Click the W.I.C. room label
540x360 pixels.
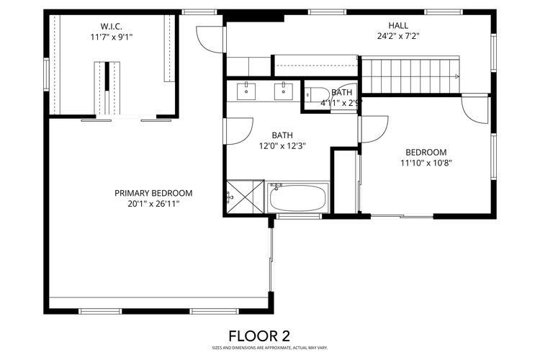pyautogui.click(x=111, y=25)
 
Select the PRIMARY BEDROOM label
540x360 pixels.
pyautogui.click(x=153, y=193)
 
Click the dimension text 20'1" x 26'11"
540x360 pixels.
pyautogui.click(x=153, y=204)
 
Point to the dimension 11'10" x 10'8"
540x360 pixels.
pyautogui.click(x=426, y=163)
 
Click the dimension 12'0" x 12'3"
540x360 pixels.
pyautogui.click(x=282, y=145)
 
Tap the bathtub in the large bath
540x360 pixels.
pyautogui.click(x=298, y=198)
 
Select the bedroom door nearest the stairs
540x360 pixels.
pyautogui.click(x=475, y=109)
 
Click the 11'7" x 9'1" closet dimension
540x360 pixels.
pyautogui.click(x=111, y=37)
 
